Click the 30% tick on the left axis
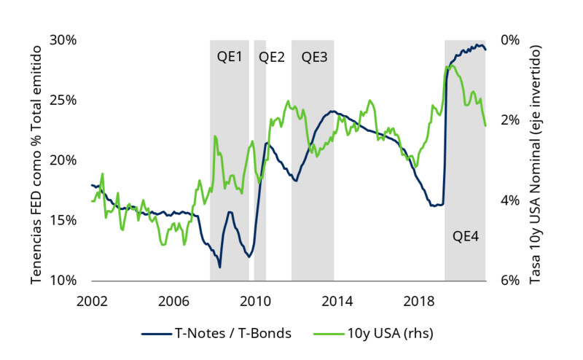coord(64,39)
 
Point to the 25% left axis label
coord(64,100)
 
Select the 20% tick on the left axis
coord(64,160)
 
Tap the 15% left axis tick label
coord(64,220)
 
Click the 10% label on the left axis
coord(64,281)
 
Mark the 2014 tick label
coord(338,300)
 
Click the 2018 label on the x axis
coord(420,300)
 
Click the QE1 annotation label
coord(230,57)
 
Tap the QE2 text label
coord(272,57)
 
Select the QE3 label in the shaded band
coord(314,57)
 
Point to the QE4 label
coord(466,236)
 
